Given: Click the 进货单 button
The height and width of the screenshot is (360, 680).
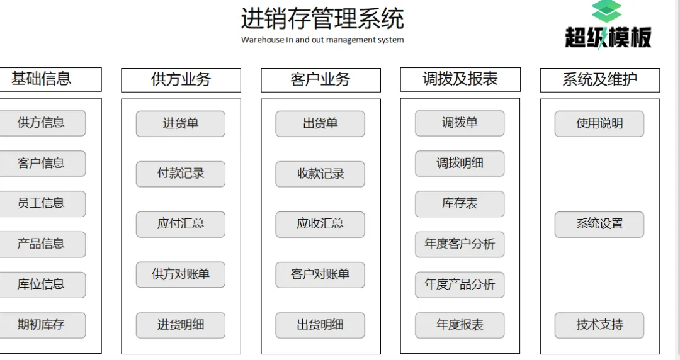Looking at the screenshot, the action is pyautogui.click(x=181, y=123).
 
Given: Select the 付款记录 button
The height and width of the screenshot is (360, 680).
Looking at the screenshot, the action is pyautogui.click(x=181, y=174).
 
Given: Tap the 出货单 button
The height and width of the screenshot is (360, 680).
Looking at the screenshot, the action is pyautogui.click(x=320, y=123).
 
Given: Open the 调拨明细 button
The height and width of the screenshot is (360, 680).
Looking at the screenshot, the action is pyautogui.click(x=460, y=163).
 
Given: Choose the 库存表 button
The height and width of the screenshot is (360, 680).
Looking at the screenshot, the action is pyautogui.click(x=460, y=203).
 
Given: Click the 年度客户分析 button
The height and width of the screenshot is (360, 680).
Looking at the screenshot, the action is pyautogui.click(x=460, y=244).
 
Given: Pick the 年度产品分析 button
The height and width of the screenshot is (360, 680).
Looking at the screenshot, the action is pyautogui.click(x=460, y=284).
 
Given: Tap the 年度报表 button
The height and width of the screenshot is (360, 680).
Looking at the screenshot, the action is pyautogui.click(x=460, y=325).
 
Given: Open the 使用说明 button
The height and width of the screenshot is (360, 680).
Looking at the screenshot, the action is pyautogui.click(x=599, y=123).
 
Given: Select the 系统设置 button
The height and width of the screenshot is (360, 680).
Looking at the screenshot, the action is pyautogui.click(x=599, y=224).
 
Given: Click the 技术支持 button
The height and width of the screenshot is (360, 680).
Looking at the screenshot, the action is pyautogui.click(x=599, y=325).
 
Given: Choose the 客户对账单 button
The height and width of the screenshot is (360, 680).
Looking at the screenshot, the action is pyautogui.click(x=320, y=274).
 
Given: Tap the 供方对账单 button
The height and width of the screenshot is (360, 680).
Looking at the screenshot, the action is pyautogui.click(x=181, y=274).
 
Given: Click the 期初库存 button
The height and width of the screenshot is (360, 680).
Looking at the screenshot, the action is pyautogui.click(x=42, y=325).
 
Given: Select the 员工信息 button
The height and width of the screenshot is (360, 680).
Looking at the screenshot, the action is pyautogui.click(x=42, y=203).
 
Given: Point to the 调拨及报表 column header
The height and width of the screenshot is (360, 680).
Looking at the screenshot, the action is pyautogui.click(x=460, y=79).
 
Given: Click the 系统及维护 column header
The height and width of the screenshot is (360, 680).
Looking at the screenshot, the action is pyautogui.click(x=600, y=80).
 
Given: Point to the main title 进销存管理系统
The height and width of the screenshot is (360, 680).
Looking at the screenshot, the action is pyautogui.click(x=322, y=18).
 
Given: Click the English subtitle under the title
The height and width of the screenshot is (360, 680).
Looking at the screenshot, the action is pyautogui.click(x=322, y=40).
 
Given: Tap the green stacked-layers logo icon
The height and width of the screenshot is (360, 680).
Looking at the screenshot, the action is pyautogui.click(x=607, y=11).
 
